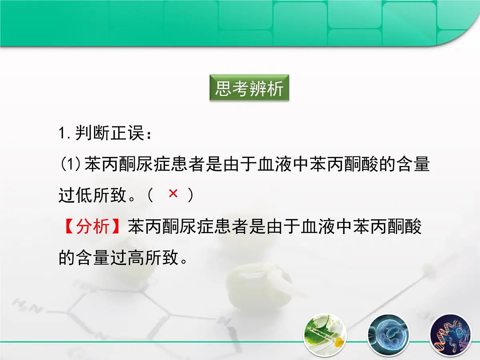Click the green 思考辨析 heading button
coord(249,89)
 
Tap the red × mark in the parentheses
coord(173,194)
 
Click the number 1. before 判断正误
coord(65,133)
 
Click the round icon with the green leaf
coord(325,334)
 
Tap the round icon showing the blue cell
coord(388,334)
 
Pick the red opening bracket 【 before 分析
coord(68,227)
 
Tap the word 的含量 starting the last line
coord(84,258)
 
